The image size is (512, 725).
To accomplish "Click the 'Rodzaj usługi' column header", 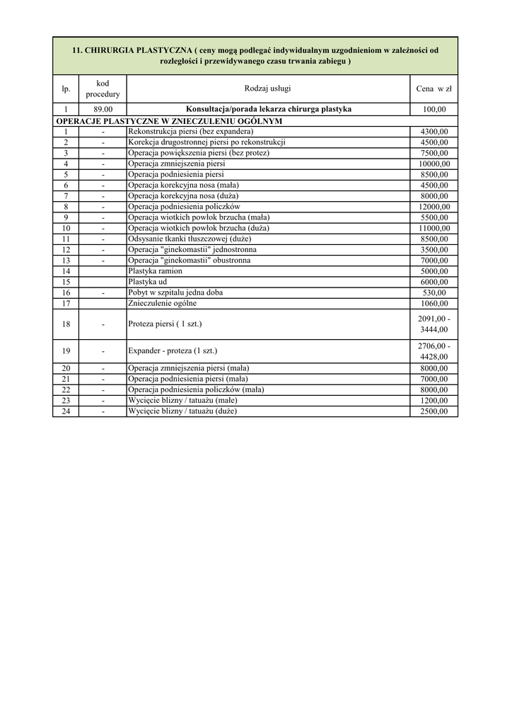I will [267, 89].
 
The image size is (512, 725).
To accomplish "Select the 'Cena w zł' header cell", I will [434, 89].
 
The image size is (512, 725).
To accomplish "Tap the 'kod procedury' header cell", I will [103, 89].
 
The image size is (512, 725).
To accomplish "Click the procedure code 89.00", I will [103, 110].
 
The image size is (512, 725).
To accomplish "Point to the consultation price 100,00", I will [434, 110].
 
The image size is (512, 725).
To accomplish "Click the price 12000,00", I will [434, 207].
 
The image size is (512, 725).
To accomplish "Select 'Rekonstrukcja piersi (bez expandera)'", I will [190, 132].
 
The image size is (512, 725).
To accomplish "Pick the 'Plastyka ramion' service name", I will [155, 271].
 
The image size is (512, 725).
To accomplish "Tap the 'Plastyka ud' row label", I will [147, 282].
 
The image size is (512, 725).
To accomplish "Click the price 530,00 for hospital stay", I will [434, 292].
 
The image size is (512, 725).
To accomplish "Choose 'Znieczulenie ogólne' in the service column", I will [163, 303].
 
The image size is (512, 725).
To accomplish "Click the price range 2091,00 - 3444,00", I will [434, 324].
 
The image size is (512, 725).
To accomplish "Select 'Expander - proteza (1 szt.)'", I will [173, 350].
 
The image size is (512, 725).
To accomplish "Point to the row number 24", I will [66, 411].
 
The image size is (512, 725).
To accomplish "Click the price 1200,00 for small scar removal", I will [434, 401].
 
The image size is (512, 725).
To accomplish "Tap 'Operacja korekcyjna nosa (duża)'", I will [183, 196].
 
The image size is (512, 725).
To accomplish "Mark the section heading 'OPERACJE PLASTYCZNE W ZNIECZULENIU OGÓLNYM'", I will [169, 121].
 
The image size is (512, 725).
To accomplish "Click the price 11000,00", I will [434, 228].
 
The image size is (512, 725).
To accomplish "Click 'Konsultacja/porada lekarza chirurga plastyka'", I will [268, 110].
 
